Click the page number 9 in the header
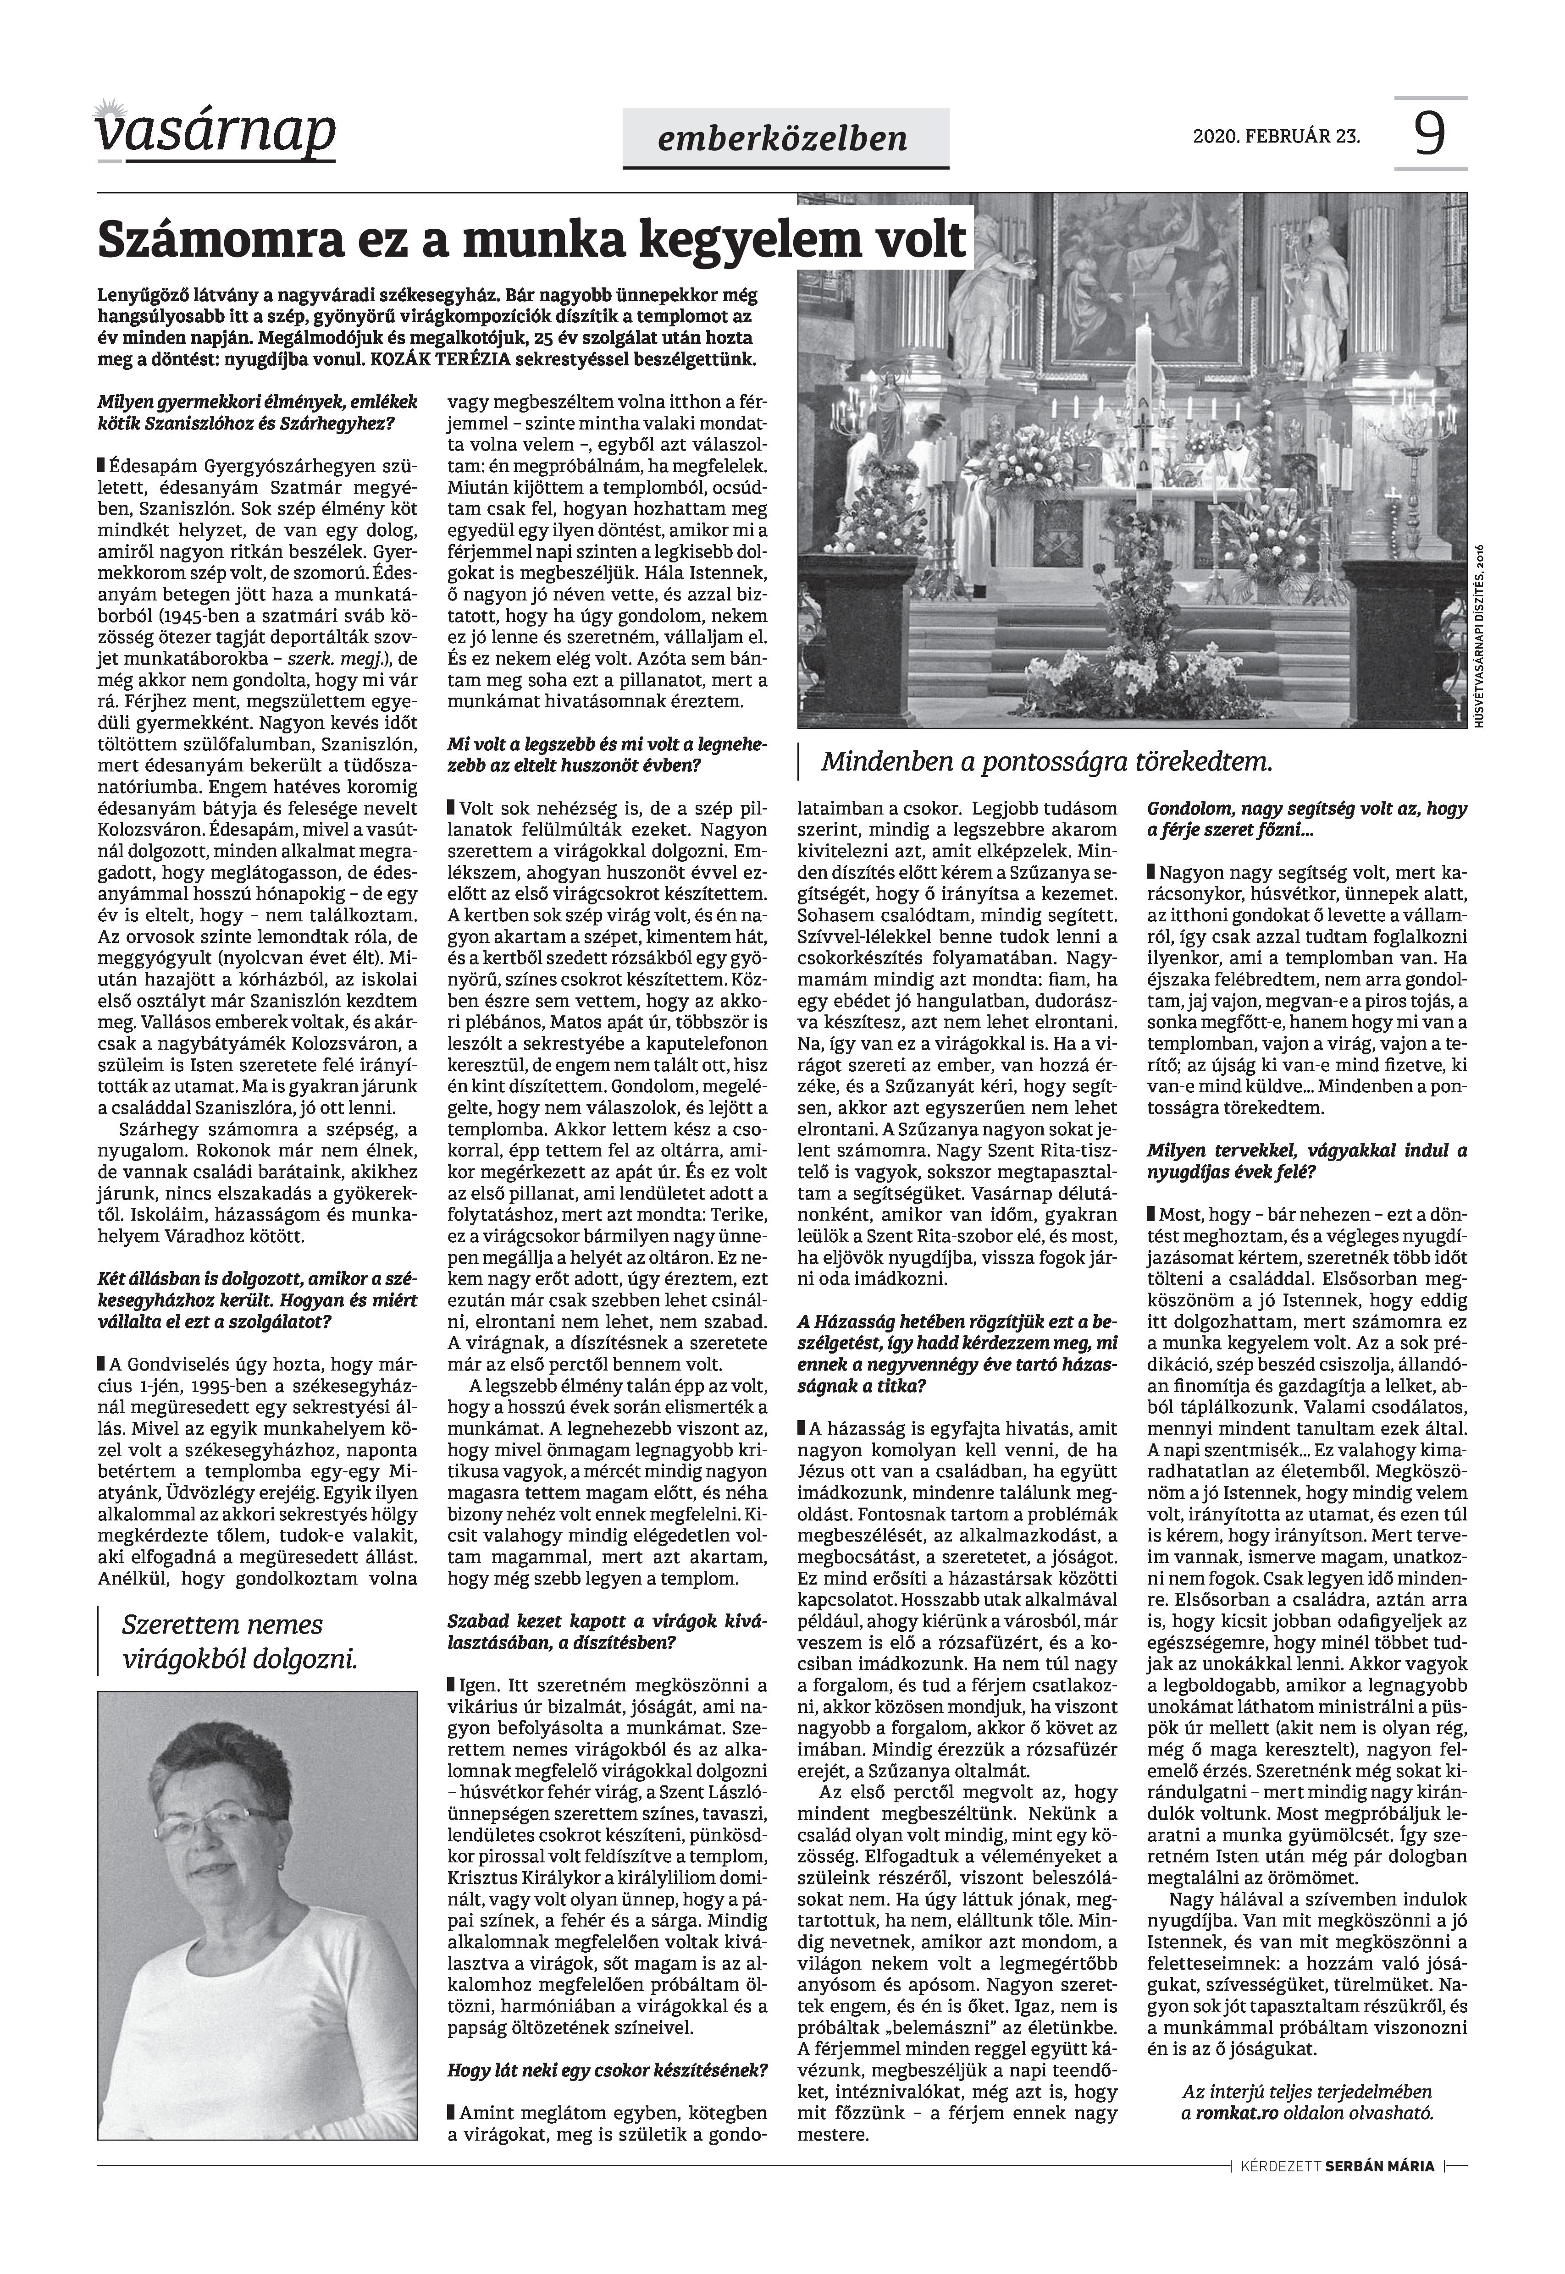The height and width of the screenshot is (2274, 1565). (1430, 134)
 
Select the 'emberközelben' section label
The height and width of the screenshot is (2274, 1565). (785, 138)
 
